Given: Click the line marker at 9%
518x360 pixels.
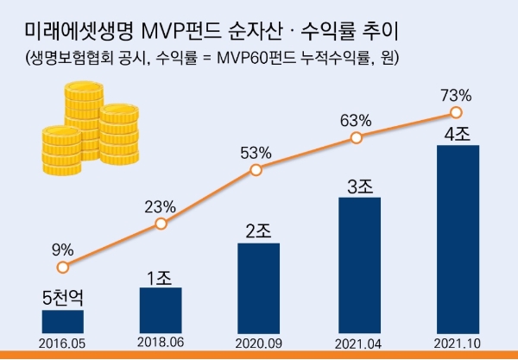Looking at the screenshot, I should [x=62, y=268].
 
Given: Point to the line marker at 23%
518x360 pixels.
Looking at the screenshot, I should [x=161, y=224].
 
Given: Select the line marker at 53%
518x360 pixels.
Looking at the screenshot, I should [x=256, y=170].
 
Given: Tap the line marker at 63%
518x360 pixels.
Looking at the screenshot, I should [x=356, y=137].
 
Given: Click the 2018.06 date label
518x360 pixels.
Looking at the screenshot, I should [x=161, y=343].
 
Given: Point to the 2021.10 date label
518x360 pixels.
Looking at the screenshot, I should [x=457, y=343].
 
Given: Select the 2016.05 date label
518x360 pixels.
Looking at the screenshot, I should [x=63, y=343].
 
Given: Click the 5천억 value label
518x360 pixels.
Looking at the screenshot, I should [x=63, y=299].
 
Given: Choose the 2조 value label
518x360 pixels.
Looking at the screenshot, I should [x=258, y=232].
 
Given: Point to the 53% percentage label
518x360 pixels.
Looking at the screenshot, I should [x=256, y=153].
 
